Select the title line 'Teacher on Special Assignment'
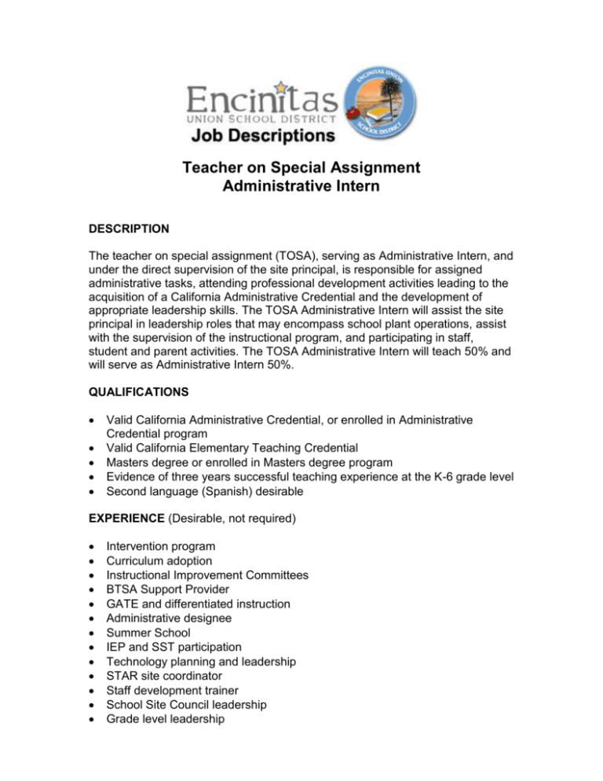tap(301, 167)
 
